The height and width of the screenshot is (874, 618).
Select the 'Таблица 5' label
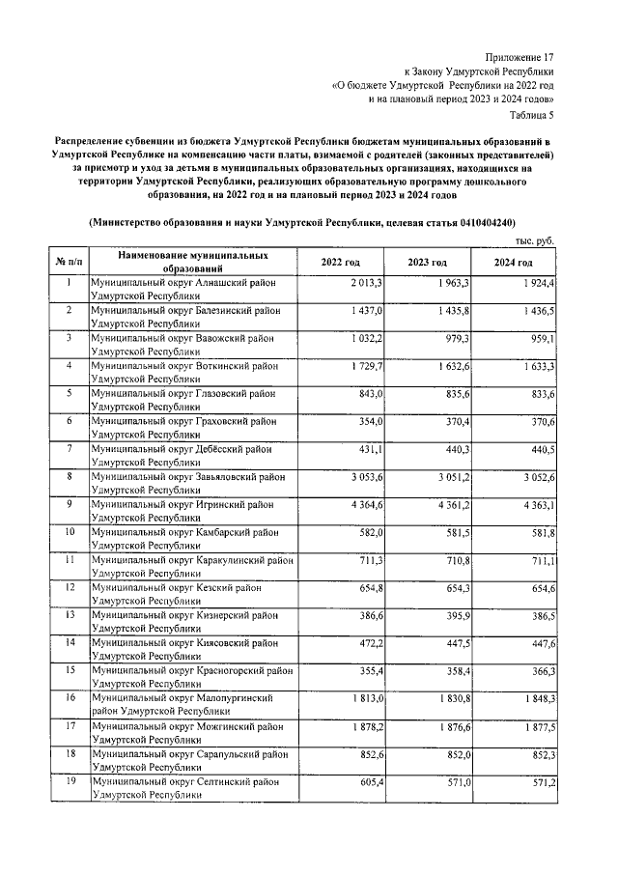point(530,117)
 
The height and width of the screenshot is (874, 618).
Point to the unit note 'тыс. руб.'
point(535,240)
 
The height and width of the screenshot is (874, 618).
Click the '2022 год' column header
point(341,263)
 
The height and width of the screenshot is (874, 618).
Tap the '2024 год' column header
point(513,263)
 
